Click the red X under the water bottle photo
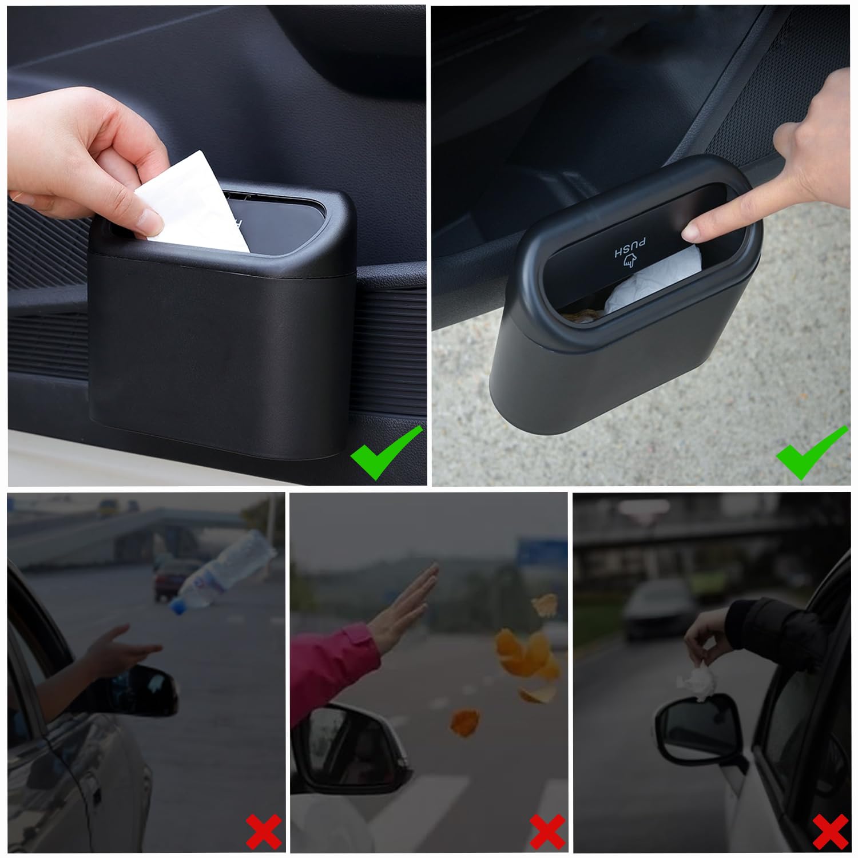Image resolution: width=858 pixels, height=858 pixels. point(264,831)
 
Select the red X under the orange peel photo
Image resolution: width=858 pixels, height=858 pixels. point(547,831)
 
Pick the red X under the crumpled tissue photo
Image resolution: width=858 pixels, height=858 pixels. point(831,831)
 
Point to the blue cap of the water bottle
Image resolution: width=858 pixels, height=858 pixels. point(178,606)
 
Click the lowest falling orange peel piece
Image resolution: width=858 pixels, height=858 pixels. point(464,722)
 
